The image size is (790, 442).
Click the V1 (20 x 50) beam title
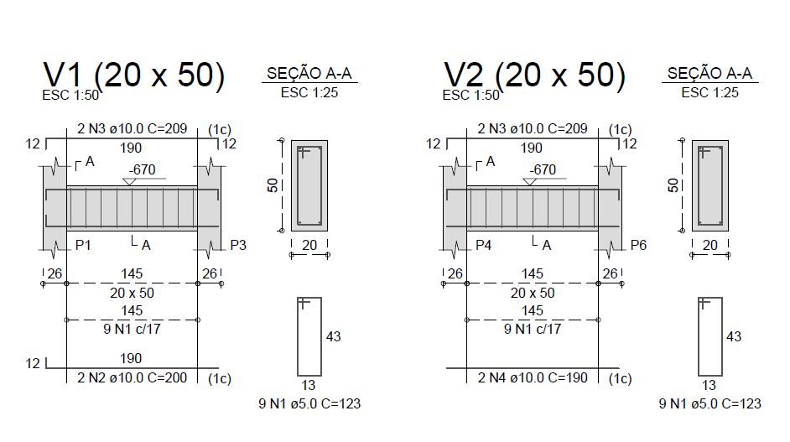pos(134,75)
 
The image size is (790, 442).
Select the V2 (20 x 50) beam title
pos(534,75)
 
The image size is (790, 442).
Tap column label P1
pos(83,246)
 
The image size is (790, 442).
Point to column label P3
pos(238,246)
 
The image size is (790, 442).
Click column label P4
pos(484,246)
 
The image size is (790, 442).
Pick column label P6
pos(638,246)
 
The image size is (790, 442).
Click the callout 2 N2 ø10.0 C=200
pos(132,377)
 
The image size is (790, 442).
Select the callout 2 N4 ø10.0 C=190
pos(533,377)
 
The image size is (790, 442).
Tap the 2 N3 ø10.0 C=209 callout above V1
pos(132,128)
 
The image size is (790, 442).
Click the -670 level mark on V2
pos(543,169)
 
